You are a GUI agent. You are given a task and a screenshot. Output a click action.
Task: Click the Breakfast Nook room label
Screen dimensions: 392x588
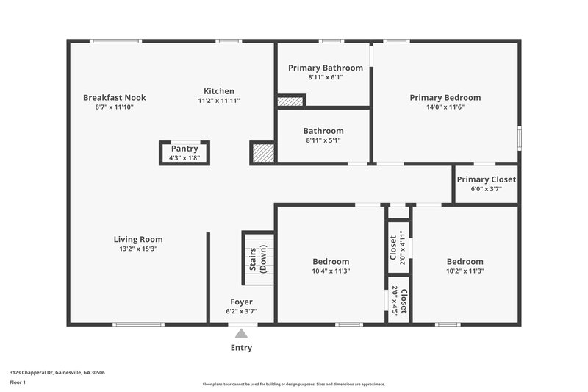(114, 97)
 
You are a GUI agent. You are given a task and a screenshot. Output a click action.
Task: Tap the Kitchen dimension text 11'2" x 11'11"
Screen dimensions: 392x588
(219, 101)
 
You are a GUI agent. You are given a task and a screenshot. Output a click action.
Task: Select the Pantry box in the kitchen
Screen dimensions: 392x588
(184, 152)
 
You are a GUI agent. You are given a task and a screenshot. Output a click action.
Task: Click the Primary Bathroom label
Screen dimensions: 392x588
(325, 68)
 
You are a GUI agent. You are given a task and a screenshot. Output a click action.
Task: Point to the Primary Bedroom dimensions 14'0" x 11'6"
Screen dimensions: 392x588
(445, 107)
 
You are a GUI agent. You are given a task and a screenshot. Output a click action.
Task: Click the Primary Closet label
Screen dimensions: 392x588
(486, 179)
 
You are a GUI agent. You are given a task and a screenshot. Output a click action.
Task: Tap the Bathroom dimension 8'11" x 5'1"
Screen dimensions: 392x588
(323, 140)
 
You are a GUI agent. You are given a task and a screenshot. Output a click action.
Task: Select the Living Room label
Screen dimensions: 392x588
(138, 239)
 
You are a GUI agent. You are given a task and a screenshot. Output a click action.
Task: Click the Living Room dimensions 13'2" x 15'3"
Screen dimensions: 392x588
(138, 249)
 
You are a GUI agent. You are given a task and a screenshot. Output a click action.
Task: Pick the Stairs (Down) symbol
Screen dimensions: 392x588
(258, 259)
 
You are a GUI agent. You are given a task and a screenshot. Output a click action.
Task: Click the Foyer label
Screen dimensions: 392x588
(241, 302)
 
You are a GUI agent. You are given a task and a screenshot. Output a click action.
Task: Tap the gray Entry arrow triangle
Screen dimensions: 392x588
(241, 334)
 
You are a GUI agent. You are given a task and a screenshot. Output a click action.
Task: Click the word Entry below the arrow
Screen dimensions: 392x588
(241, 348)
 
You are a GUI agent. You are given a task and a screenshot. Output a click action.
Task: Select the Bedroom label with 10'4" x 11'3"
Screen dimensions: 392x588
(331, 261)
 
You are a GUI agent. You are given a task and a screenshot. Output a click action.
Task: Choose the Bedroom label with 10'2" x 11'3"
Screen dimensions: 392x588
(465, 261)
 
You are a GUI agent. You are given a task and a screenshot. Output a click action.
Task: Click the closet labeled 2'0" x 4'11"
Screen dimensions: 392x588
(398, 247)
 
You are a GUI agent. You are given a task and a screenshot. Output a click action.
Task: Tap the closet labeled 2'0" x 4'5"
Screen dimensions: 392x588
(398, 300)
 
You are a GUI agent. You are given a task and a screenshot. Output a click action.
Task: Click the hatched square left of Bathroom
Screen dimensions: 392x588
(262, 152)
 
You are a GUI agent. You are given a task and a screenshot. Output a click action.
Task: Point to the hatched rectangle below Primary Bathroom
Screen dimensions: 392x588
(290, 101)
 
